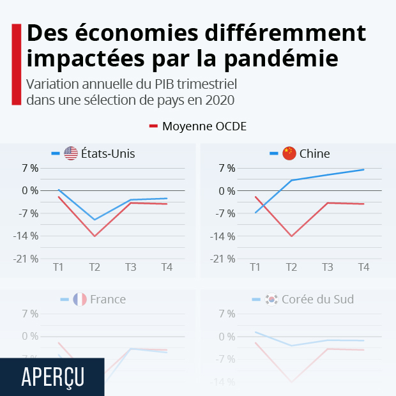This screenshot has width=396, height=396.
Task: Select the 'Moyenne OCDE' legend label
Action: pyautogui.click(x=204, y=126)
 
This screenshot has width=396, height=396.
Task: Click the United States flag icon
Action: pyautogui.click(x=71, y=153)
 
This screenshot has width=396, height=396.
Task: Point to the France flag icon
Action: pyautogui.click(x=80, y=299)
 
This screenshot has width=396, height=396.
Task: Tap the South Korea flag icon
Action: pyautogui.click(x=271, y=299)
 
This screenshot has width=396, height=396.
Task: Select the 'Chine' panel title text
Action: pyautogui.click(x=315, y=153)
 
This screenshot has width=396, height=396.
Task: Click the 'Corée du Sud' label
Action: pyautogui.click(x=317, y=299)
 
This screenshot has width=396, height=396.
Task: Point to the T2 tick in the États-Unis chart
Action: pyautogui.click(x=95, y=267)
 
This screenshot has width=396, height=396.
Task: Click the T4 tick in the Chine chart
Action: pyautogui.click(x=363, y=267)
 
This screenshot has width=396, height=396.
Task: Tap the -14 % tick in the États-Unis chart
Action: pyautogui.click(x=26, y=236)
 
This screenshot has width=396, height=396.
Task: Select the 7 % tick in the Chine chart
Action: pyautogui.click(x=227, y=168)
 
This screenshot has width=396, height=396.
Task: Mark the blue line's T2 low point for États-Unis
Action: pyautogui.click(x=95, y=220)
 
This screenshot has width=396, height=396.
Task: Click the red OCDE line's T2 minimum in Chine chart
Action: pyautogui.click(x=292, y=236)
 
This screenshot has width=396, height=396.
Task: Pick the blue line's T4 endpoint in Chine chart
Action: pyautogui.click(x=363, y=169)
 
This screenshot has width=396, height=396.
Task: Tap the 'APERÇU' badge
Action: pyautogui.click(x=52, y=377)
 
